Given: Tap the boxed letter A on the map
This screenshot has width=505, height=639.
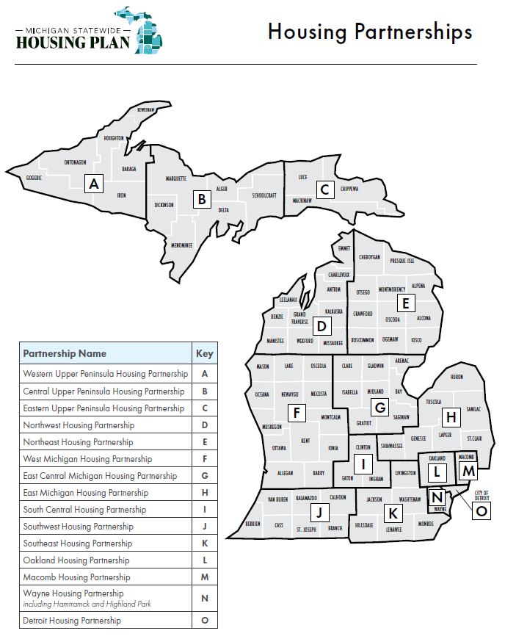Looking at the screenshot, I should [x=92, y=184].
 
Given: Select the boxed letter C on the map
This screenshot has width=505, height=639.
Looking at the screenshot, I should [x=324, y=189].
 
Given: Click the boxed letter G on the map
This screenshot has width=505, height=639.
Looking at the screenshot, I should [x=379, y=407].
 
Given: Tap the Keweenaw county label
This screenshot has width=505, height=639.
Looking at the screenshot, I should [x=145, y=109].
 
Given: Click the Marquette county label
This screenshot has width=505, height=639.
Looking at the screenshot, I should [x=176, y=178].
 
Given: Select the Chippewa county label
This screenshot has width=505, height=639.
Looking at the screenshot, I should [x=349, y=189].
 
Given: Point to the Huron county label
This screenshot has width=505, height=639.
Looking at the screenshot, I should [x=457, y=376].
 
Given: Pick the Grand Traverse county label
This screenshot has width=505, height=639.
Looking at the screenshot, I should [x=299, y=318].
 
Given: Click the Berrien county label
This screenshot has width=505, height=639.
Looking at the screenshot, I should [x=253, y=524].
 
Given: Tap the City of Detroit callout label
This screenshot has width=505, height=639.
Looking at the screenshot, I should [x=482, y=495].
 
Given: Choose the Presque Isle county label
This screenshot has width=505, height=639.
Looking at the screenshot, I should [x=402, y=261].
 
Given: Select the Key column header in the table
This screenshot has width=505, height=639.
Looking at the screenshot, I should [x=205, y=353].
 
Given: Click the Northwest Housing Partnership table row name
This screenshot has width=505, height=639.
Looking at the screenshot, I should [x=79, y=425].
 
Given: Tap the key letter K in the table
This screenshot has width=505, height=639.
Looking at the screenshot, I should [x=205, y=544].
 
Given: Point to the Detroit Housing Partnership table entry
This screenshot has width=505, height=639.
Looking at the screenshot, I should [x=72, y=621].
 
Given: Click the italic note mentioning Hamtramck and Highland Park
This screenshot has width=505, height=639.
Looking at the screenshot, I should [x=87, y=604].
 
